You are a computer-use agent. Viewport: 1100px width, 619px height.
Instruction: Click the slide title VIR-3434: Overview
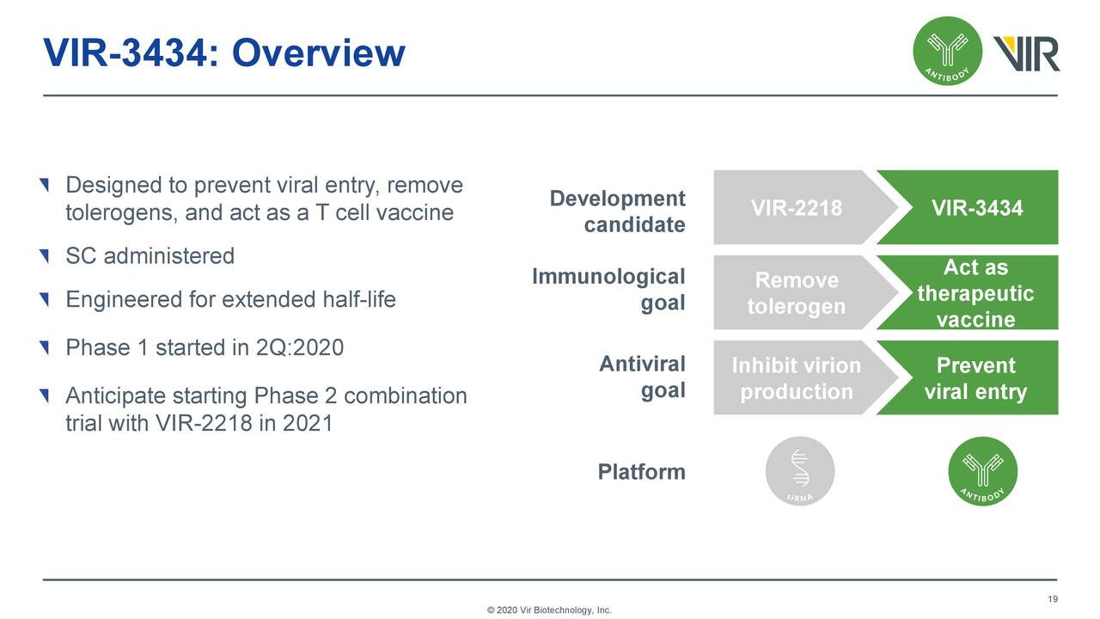223,53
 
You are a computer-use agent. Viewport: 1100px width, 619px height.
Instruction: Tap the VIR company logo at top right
1026,53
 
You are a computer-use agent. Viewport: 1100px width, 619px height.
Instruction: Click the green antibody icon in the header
946,51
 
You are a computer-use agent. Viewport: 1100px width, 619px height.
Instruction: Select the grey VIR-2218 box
796,208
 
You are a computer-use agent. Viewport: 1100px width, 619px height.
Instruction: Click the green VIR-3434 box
976,208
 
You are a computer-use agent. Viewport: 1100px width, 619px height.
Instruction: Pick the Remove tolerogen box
796,293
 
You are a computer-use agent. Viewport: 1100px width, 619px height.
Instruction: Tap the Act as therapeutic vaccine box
976,293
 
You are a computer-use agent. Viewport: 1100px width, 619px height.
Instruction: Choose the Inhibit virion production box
796,378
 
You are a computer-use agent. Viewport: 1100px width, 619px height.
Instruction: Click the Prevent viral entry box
976,378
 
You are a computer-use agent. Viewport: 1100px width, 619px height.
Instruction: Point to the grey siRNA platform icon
799,471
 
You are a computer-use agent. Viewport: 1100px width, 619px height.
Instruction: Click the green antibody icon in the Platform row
982,471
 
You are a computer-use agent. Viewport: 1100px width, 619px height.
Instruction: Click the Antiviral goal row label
642,377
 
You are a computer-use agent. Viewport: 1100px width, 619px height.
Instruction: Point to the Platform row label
641,472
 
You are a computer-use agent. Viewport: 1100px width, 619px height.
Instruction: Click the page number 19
1052,599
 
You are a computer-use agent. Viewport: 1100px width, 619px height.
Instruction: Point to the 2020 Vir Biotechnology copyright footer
549,610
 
